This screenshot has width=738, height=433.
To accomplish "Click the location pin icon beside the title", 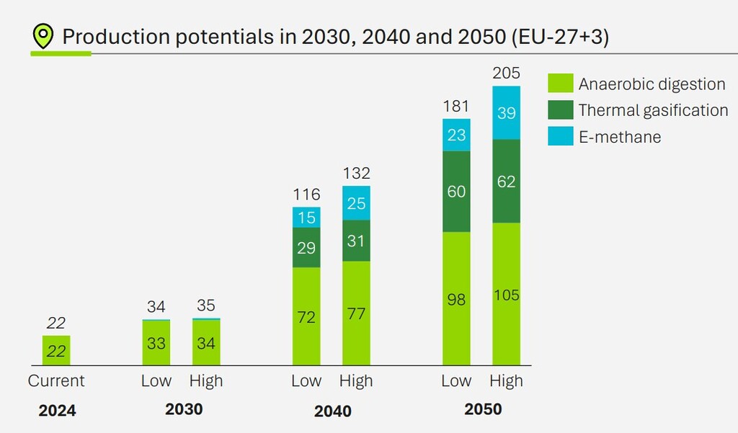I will point(44,36).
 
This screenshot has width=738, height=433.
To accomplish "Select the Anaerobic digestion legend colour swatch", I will point(560,83).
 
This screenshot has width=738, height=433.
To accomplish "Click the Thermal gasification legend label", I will point(653,110).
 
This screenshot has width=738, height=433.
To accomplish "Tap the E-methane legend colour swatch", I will point(560,136).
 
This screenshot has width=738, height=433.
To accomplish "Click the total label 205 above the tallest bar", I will point(506,73).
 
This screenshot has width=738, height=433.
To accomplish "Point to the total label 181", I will point(456,107).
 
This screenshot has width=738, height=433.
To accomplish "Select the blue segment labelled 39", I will point(506,112).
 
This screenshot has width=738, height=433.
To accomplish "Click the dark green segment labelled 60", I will point(456,192).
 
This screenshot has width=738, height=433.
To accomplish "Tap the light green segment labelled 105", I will point(506,294).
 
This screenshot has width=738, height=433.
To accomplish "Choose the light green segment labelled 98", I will point(456,299).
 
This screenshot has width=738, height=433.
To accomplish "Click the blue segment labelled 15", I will point(306,218).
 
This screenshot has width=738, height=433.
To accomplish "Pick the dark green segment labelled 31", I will point(356,241).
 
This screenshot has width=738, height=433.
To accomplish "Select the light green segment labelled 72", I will point(306,316).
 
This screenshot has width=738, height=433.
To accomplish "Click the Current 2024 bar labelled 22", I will point(56,351).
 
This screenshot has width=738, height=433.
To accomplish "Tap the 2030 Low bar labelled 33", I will point(156,343).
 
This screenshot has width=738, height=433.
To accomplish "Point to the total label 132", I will point(356,174).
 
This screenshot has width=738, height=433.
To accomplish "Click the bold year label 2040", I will point(333,411).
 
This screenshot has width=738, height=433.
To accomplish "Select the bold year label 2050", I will point(483,410).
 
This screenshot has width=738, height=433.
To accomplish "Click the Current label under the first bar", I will point(56,381).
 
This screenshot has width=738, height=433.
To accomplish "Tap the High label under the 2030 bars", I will point(206,381).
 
